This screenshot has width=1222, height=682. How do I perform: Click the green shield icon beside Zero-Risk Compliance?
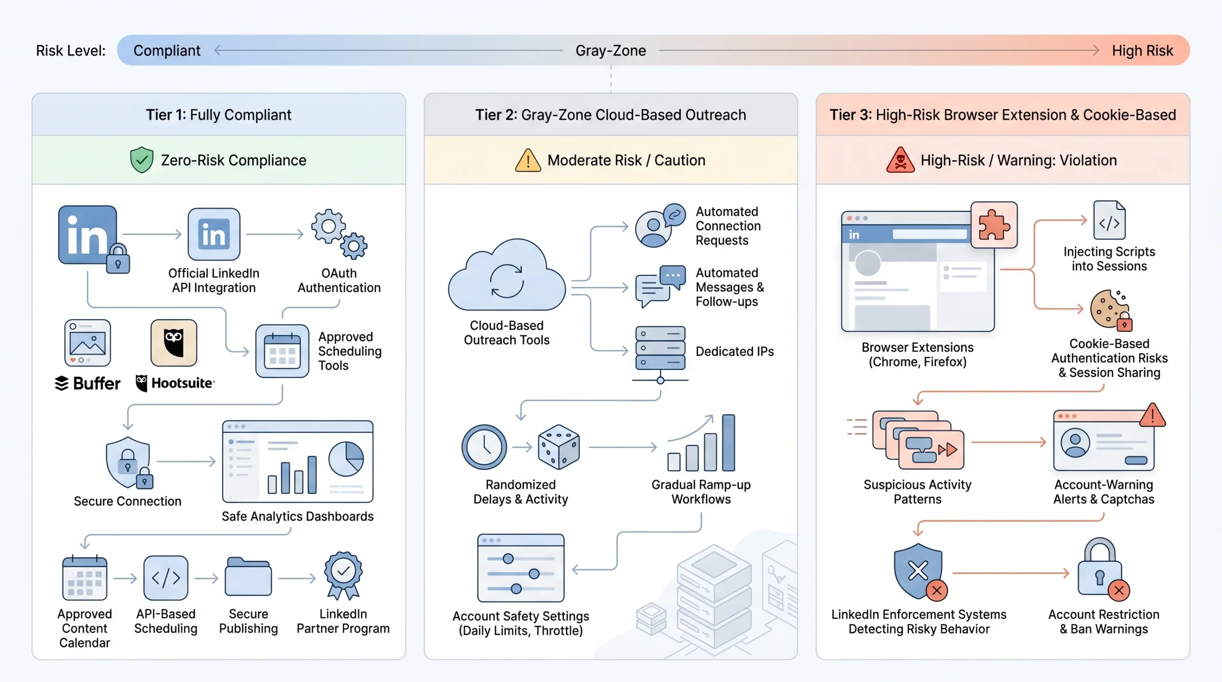142,160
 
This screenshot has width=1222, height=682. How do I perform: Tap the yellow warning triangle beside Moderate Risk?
528,160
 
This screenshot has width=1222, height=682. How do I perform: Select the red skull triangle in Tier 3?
900,160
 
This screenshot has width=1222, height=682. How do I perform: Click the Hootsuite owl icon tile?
174,343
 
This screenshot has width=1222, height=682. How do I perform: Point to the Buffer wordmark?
87,383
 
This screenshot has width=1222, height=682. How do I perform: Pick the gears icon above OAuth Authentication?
339,234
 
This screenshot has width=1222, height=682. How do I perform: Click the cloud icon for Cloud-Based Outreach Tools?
507,275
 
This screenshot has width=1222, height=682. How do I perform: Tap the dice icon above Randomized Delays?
558,447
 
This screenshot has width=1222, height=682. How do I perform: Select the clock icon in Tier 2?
484,447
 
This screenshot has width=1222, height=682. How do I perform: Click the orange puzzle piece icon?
994,225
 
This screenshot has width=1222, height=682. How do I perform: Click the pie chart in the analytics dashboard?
346,459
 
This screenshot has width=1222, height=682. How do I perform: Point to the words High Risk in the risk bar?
1142,51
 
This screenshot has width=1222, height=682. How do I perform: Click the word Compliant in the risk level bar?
167,51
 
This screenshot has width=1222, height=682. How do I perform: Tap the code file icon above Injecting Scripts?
1109,220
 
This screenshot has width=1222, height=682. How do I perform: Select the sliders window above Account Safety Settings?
521,568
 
